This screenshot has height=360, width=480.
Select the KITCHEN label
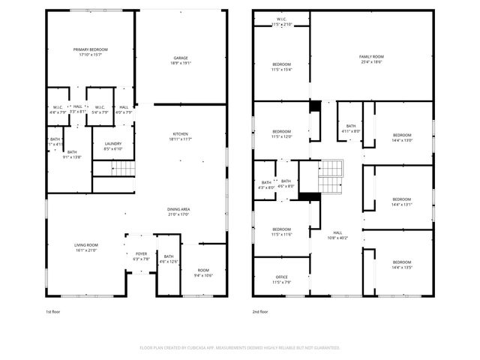181,136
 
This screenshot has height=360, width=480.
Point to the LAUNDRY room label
113,145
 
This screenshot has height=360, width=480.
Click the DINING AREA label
178,211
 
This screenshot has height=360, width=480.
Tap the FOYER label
141,256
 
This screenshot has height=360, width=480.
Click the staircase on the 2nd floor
330,180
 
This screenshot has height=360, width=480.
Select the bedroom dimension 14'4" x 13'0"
402,137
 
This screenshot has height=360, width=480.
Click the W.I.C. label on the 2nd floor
281,22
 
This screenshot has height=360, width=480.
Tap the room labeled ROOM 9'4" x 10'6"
204,273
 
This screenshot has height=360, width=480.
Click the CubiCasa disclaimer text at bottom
240,348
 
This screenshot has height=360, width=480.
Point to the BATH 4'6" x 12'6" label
169,259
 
